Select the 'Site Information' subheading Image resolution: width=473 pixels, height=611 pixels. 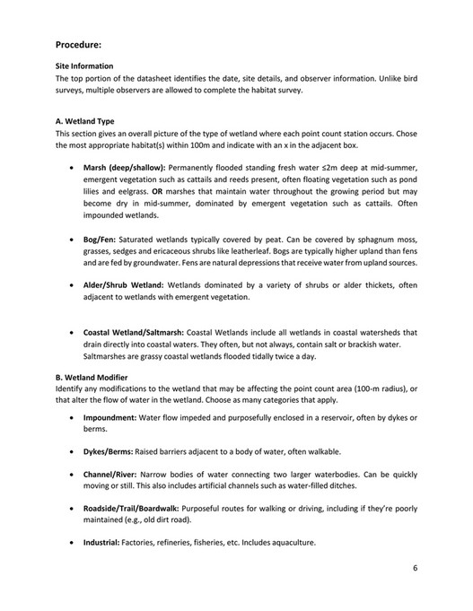tap(84, 65)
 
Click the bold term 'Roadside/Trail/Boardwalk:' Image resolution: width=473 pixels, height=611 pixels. tap(133, 509)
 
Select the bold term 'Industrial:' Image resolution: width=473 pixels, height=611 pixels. tap(101, 543)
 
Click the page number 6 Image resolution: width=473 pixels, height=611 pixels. tap(416, 568)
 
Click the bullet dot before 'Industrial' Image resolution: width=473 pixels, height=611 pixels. tap(72, 543)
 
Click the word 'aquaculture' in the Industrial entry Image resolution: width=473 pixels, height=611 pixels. tap(287, 543)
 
